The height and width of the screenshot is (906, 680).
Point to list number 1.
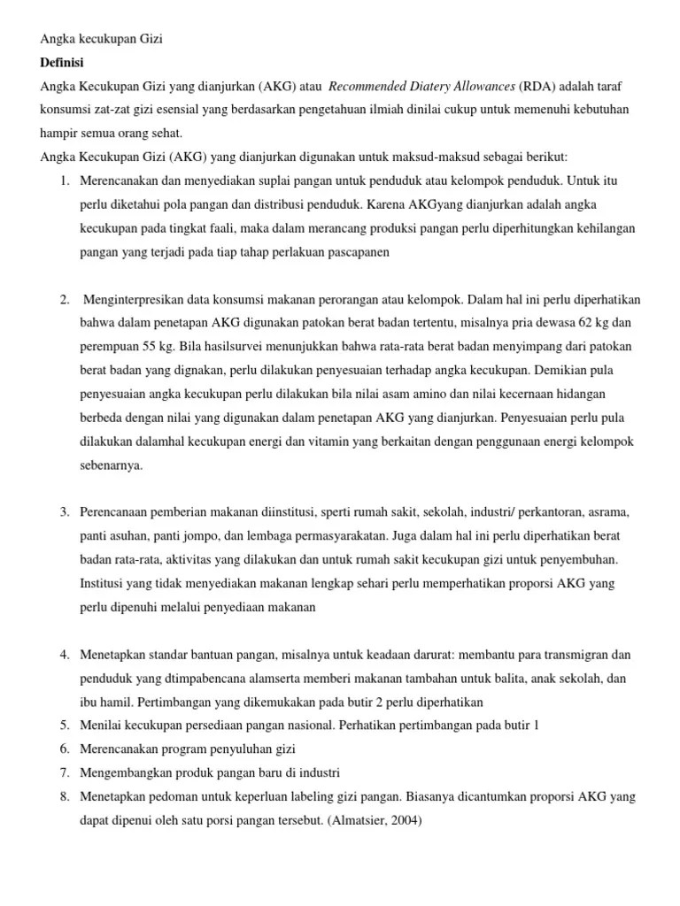pos(65,180)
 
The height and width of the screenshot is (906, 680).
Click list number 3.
pos(65,512)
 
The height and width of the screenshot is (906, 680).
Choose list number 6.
pos(65,749)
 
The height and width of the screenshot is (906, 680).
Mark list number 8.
pos(65,796)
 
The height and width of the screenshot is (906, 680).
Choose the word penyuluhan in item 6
pos(221,749)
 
